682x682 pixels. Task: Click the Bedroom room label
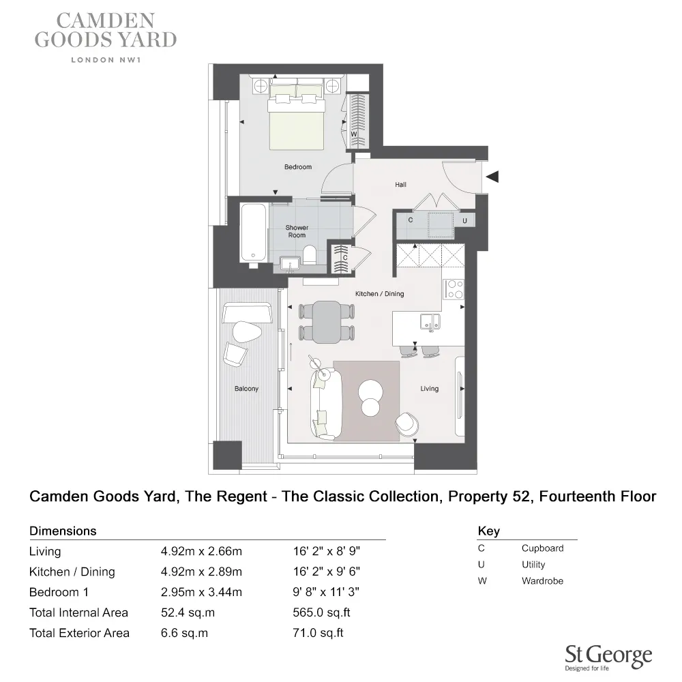[298, 167]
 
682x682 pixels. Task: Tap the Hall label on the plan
[400, 185]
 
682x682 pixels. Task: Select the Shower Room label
[297, 231]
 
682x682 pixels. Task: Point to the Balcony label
[247, 389]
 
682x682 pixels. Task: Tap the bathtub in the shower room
[253, 233]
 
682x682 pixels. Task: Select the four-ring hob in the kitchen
[454, 289]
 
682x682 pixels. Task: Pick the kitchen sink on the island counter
[430, 323]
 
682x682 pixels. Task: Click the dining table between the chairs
[327, 322]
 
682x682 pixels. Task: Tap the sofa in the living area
[326, 404]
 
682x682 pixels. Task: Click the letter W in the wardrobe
[353, 134]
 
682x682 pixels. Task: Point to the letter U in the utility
[464, 221]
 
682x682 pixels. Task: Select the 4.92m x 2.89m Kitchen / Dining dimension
[201, 572]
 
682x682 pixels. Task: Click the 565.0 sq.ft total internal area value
[321, 612]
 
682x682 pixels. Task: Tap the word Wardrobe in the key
[542, 581]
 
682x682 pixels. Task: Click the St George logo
[608, 658]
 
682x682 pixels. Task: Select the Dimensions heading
[63, 531]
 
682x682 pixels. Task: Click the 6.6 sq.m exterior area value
[184, 633]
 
